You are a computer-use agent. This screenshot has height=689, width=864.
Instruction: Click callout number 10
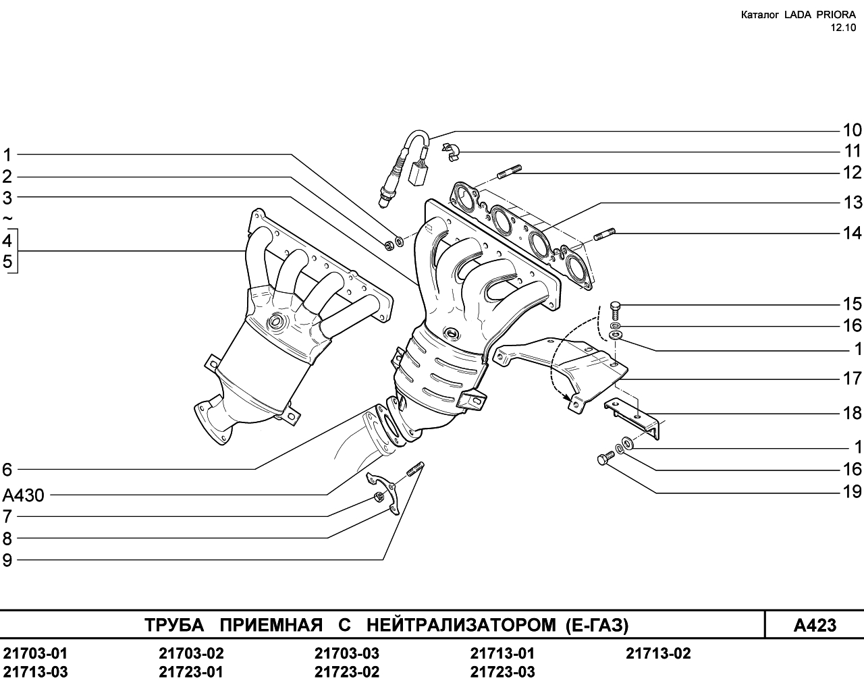pos(853,130)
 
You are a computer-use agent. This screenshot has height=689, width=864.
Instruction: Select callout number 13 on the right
pos(853,202)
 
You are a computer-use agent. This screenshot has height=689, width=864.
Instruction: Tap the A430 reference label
pos(23,495)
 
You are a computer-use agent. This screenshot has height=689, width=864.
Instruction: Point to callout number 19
pos(853,492)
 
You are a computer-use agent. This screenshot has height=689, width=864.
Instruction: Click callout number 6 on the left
pos(7,470)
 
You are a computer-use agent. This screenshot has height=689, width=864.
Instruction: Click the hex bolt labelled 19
pos(605,458)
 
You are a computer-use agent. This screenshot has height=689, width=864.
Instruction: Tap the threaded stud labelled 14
pos(603,234)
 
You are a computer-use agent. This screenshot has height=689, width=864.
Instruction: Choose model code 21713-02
pos(658,654)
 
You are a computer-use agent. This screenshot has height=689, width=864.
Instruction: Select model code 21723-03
pos(503,672)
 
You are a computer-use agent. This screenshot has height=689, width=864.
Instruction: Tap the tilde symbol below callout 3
pos(7,219)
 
